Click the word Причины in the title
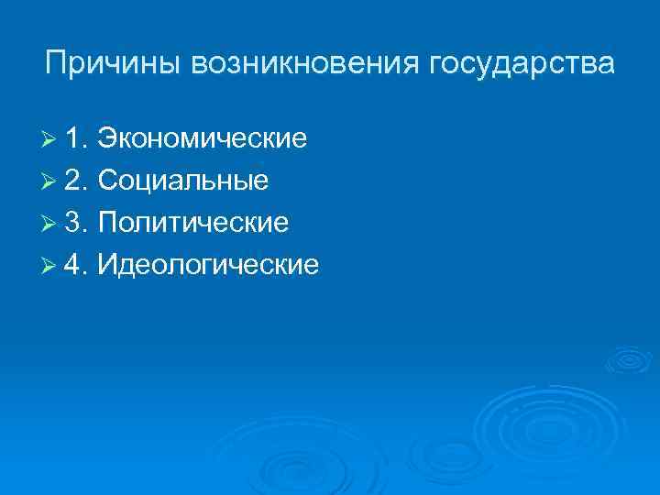click(115, 65)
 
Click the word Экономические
click(202, 139)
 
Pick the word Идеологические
click(208, 265)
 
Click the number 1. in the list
click(76, 139)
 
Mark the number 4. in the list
click(76, 265)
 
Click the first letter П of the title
click(55, 65)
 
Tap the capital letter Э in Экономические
click(107, 139)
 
